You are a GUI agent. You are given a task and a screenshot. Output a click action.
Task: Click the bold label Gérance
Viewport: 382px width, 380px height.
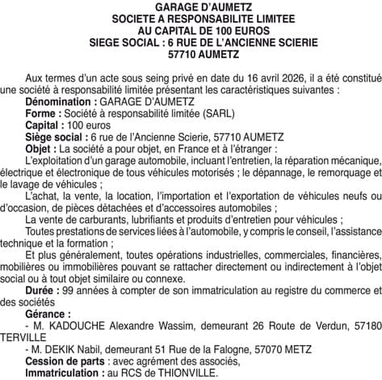48,313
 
